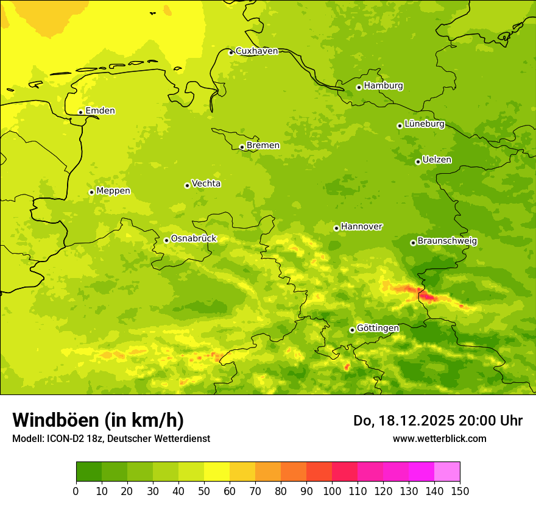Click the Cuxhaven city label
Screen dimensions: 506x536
256,51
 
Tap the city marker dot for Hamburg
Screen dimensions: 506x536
359,87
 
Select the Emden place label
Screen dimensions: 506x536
100,111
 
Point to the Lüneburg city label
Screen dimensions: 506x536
425,124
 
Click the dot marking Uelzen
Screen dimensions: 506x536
418,162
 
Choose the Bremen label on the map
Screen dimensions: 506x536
263,146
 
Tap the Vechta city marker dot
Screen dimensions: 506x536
187,185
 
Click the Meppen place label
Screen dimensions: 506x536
113,191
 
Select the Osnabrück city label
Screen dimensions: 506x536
194,238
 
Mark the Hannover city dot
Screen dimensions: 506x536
336,228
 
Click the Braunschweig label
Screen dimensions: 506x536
447,241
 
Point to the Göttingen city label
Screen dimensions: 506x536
378,328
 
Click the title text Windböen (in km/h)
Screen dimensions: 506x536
98,420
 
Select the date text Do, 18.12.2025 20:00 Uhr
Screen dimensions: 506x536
438,421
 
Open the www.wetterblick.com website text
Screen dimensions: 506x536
439,438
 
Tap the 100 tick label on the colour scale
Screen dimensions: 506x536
332,491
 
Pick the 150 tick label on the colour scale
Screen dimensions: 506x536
460,491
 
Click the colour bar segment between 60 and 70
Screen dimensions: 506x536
242,472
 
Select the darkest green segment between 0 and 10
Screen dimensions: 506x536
89,472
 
